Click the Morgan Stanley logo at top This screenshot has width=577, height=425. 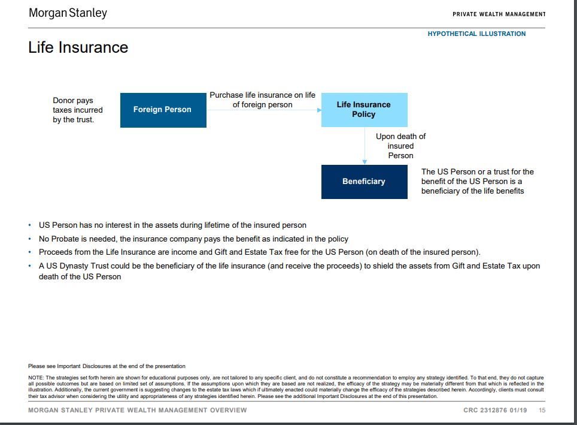[68, 13]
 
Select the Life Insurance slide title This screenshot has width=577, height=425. [78, 47]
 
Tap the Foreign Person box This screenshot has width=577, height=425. [163, 110]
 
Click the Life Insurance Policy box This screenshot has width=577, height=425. [364, 110]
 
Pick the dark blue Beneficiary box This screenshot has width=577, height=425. [364, 182]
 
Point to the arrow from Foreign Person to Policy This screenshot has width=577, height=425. [263, 110]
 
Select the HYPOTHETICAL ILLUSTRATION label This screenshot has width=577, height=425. [476, 34]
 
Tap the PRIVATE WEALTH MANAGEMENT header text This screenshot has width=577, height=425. [499, 14]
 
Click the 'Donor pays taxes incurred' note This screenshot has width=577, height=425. [77, 110]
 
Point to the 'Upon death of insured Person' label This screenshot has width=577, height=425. [400, 146]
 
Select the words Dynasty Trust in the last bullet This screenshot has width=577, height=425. [86, 266]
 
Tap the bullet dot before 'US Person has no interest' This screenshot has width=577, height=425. [31, 225]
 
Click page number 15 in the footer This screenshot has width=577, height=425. [542, 411]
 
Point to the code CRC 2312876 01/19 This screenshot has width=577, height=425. [496, 411]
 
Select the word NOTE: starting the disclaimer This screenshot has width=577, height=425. [36, 377]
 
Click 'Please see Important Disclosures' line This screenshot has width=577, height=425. [107, 366]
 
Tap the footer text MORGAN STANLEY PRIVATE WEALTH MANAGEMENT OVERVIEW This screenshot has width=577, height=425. [137, 411]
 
